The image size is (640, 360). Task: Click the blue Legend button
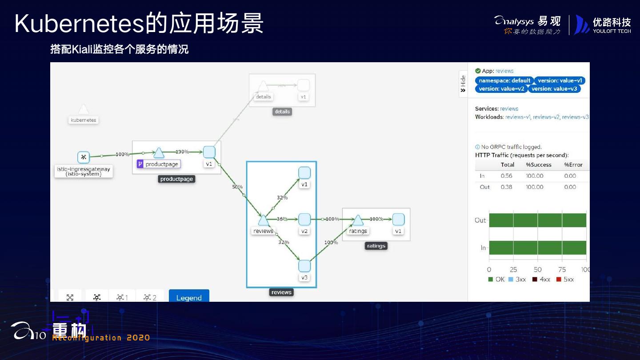(189, 297)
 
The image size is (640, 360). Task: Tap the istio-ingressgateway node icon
(83, 157)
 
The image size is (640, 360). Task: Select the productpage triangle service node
(159, 153)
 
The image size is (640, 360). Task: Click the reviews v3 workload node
(304, 266)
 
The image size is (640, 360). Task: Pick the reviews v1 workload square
(304, 173)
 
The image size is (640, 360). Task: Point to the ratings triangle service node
(358, 220)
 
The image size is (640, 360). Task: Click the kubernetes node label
(84, 120)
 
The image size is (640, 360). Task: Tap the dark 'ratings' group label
(376, 246)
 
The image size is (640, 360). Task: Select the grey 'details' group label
(282, 112)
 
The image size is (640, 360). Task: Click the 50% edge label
(237, 187)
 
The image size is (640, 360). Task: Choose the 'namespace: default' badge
(504, 80)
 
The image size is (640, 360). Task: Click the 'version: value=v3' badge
(554, 88)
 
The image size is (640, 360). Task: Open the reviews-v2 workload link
(546, 117)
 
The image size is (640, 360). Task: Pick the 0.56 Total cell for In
(506, 176)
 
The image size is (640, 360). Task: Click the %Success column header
(539, 164)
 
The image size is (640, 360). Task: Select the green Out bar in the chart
(537, 220)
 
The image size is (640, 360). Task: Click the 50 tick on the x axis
(537, 269)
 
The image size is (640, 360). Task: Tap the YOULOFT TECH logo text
(612, 31)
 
